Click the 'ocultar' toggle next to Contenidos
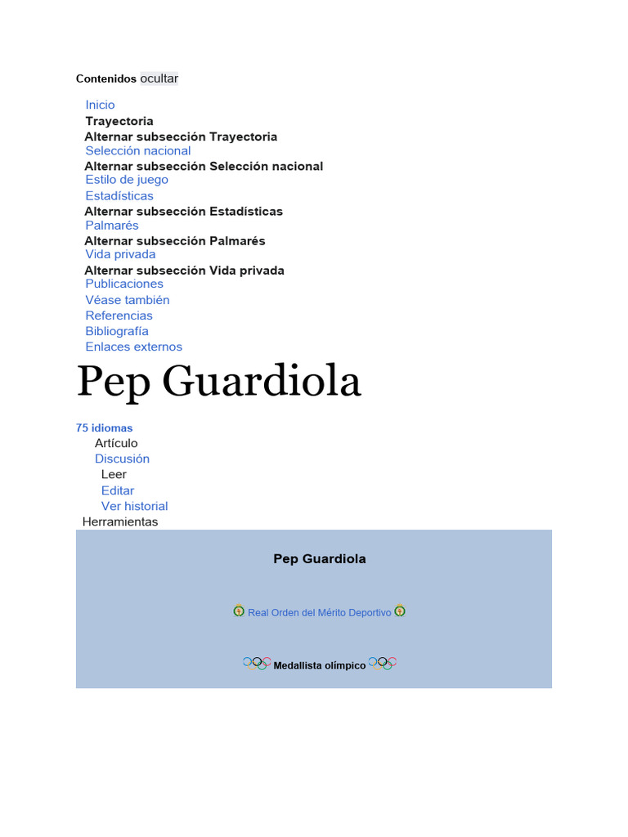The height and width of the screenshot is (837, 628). coord(159,78)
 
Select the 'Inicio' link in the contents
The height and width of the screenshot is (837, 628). coord(100,105)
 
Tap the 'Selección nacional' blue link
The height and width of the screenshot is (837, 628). coord(137,150)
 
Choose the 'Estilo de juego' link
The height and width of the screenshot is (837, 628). coord(127,180)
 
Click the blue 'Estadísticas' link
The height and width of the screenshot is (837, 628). coord(119,196)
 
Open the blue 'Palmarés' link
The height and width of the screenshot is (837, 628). coord(112,226)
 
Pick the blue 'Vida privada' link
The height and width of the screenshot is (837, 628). coord(120,254)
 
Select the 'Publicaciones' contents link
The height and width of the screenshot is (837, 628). coord(124,284)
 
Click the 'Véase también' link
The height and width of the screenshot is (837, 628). coord(128,300)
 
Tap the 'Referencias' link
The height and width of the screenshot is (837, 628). coord(119,316)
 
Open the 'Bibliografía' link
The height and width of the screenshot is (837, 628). coord(117,331)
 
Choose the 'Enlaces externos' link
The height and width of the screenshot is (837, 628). coord(133,347)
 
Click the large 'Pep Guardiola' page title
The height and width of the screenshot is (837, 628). coord(218,381)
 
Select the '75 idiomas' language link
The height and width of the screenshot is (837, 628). coord(104,427)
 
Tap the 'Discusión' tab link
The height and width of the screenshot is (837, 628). coord(122,459)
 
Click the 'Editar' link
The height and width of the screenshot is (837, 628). coord(118,490)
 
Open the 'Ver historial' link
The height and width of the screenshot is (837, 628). coord(134,506)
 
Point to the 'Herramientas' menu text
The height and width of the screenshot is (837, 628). coord(120,521)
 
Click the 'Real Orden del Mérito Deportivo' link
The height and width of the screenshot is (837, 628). coord(319,612)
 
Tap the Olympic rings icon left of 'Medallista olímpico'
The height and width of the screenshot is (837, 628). coord(257,663)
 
